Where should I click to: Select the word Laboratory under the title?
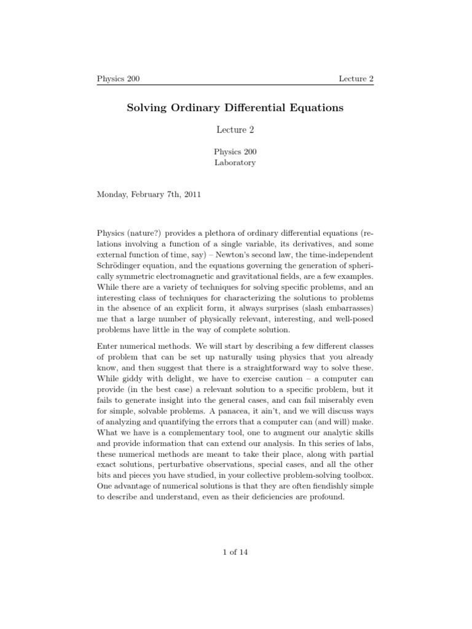tap(235, 163)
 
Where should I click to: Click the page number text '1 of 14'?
tap(235, 552)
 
